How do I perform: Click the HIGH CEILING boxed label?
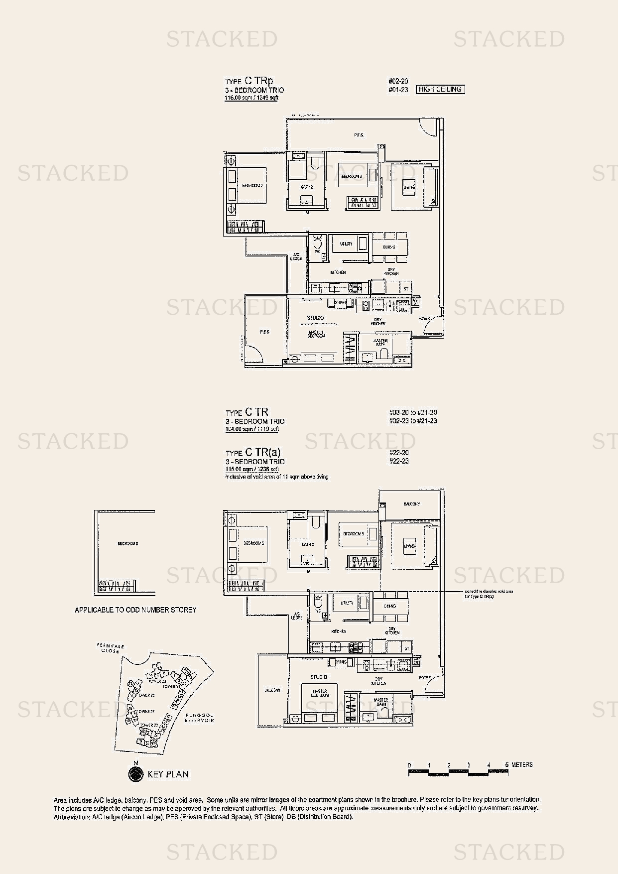440,90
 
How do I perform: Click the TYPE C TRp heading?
249,81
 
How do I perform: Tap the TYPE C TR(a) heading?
253,453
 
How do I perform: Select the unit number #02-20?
398,81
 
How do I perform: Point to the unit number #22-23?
398,462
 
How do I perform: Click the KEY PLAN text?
168,774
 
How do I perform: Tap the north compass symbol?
135,773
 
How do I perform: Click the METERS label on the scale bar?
521,765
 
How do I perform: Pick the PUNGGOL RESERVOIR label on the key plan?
199,718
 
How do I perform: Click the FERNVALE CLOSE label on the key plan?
110,648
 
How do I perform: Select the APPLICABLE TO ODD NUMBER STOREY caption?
135,610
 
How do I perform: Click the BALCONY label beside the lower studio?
272,690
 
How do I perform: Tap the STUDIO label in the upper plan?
315,318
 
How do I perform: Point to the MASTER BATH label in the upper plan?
380,343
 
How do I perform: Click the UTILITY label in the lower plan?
347,603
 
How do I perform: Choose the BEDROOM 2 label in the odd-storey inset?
127,543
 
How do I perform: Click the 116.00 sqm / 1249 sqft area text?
251,98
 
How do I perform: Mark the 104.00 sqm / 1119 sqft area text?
252,429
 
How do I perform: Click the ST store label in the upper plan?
406,289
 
